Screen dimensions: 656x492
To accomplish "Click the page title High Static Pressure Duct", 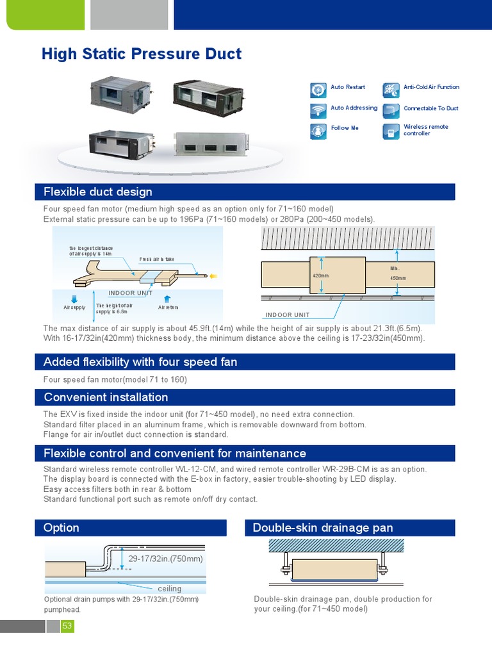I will [142, 54].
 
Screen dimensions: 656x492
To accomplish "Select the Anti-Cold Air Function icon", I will [391, 90].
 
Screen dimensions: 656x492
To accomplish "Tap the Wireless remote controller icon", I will [391, 131].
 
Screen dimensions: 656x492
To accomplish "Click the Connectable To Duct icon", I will [391, 110].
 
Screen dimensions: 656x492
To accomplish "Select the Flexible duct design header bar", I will [245, 192].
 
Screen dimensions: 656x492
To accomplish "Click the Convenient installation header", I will [245, 397].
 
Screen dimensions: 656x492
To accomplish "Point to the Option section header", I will [131, 528].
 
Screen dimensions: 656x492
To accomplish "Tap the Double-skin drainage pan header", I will [350, 528].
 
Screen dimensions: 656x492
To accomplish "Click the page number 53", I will [67, 626].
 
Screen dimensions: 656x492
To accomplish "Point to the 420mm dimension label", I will [320, 276].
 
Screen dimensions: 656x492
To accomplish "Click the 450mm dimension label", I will [398, 278].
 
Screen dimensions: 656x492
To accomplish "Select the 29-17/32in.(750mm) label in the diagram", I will [165, 559].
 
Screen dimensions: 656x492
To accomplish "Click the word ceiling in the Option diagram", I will [170, 589].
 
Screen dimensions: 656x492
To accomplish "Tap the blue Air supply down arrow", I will [74, 298].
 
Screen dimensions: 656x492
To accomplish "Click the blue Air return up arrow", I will [167, 298].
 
